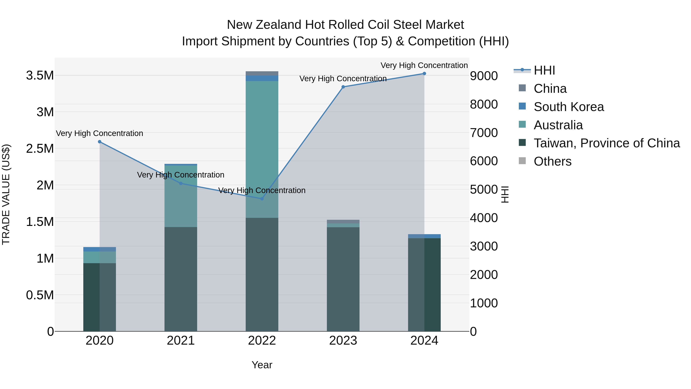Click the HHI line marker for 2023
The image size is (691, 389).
[x=343, y=87]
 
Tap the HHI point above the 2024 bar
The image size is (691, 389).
[x=424, y=74]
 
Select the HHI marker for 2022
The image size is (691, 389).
[x=262, y=199]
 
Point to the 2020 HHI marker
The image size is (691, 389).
[x=99, y=141]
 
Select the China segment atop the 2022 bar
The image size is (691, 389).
[x=262, y=73]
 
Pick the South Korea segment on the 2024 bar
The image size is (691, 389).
[x=424, y=236]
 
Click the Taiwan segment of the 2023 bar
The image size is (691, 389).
[x=343, y=279]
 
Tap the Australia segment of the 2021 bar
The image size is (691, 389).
[x=181, y=196]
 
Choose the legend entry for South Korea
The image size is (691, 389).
[x=569, y=107]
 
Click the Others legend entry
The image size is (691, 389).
[x=553, y=161]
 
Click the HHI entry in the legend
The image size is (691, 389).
[x=544, y=70]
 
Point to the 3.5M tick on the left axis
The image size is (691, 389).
[x=40, y=75]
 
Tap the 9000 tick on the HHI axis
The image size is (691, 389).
[x=484, y=76]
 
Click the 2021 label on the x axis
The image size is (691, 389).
[x=181, y=341]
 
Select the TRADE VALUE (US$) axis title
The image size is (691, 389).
[x=6, y=194]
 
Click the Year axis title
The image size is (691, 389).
[x=262, y=365]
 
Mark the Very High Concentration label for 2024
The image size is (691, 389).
[x=424, y=65]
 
